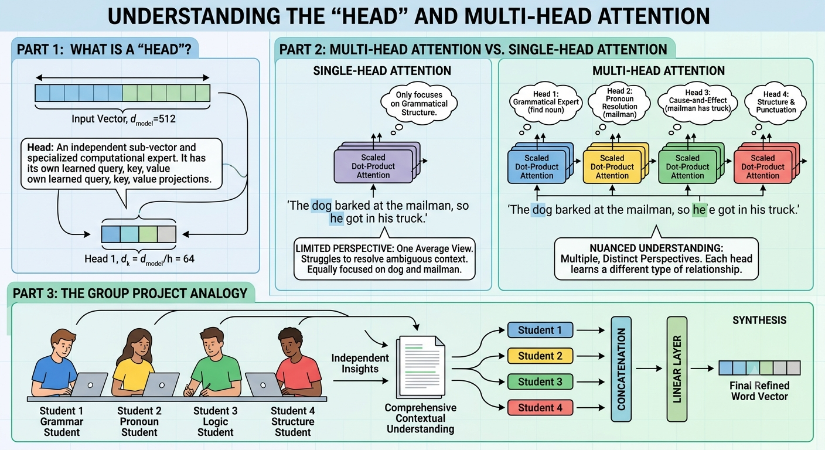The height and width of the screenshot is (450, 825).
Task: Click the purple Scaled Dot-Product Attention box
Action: coord(373,166)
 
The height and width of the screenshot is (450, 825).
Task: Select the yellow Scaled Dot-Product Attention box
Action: coord(612,167)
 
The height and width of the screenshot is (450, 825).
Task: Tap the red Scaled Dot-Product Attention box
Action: coord(762,167)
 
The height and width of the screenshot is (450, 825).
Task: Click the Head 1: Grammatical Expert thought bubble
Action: coord(546,102)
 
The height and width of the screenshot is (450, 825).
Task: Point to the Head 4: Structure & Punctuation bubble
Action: coord(776,102)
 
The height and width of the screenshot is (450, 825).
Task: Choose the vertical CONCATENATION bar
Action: coord(621,369)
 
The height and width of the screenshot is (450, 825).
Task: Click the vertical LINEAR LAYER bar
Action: coord(677,369)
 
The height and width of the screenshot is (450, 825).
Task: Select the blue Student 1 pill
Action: coord(540,330)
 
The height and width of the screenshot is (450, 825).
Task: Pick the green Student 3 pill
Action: coord(540,382)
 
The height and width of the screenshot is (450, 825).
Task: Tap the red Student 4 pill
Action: coord(540,408)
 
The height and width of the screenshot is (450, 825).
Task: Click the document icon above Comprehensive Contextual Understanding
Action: coord(421,367)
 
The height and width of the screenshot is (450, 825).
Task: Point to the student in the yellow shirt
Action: coord(134,363)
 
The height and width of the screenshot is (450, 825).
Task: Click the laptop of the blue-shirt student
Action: coord(88,384)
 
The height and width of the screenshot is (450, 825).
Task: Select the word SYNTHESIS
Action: coord(759,321)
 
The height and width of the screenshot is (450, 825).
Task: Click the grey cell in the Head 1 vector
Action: coord(166,234)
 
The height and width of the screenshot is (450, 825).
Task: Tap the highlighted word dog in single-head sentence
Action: coord(322,206)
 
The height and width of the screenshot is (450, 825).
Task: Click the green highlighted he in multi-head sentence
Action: coord(699,210)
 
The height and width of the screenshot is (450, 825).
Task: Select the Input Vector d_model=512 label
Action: coord(124,120)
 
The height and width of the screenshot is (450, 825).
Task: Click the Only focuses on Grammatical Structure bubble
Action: coord(419,104)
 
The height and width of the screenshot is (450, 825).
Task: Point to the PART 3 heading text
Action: coord(130,294)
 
